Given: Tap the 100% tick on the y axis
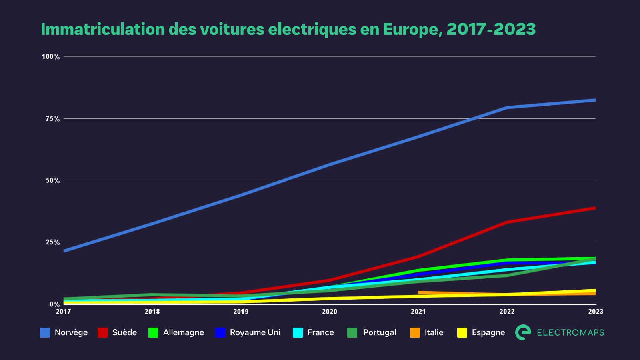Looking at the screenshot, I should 51,57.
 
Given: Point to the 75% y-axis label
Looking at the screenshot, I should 52,119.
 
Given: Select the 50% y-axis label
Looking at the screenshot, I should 52,181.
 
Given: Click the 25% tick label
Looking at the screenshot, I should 52,242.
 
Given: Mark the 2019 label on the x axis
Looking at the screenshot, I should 241,312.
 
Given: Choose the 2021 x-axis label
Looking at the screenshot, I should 418,312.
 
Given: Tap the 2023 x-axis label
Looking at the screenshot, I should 595,312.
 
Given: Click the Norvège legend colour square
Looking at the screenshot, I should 45,332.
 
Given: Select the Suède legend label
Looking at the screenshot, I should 124,332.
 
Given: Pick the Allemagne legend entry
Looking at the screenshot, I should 183,332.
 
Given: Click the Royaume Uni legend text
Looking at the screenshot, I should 255,332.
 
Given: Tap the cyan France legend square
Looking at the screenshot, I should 298,332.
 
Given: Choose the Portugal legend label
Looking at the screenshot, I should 379,332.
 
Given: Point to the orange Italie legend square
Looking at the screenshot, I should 415,332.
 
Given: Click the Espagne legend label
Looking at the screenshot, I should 488,332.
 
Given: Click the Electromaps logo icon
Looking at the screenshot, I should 523,332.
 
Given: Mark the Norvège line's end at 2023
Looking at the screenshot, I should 595,100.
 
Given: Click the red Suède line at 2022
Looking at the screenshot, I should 507,222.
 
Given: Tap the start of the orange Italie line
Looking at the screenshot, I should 419,292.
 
